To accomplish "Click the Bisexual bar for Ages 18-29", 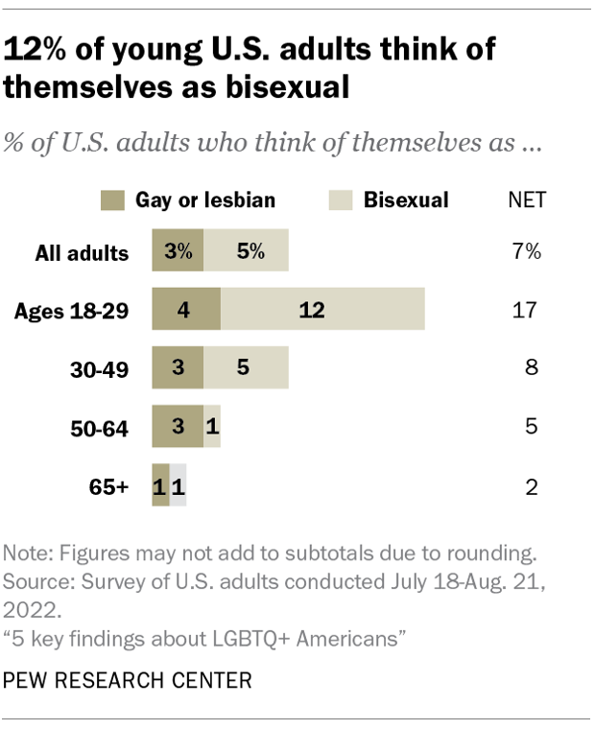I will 322,311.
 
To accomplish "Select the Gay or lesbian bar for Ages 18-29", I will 186,311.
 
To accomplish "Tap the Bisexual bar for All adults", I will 246,253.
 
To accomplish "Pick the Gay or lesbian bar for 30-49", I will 178,368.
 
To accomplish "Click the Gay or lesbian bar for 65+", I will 160,487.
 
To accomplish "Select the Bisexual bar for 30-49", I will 246,368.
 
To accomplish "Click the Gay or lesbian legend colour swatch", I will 113,200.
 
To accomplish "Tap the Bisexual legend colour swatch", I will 341,200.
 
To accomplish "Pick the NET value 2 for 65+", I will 531,487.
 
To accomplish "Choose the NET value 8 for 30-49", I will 531,368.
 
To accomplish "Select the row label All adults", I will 82,253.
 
